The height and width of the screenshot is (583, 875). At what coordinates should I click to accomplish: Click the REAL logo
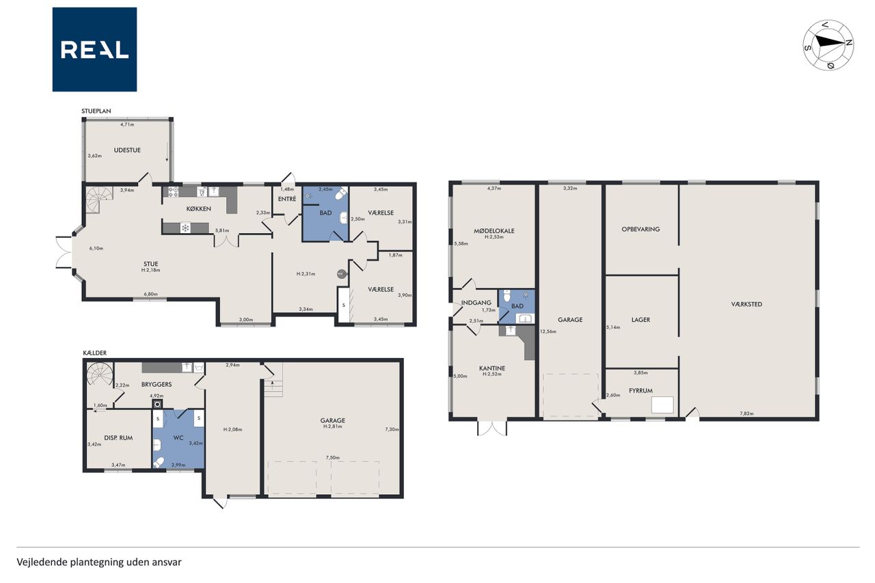point(94,50)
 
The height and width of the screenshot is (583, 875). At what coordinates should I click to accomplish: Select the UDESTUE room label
point(127,150)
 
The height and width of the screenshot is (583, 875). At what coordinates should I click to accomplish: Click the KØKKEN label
point(198,209)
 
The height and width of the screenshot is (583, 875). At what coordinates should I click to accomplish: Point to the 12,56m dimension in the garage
point(548,331)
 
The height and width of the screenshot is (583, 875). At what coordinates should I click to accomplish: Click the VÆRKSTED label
point(746,304)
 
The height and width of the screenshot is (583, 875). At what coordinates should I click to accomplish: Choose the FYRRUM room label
point(641,390)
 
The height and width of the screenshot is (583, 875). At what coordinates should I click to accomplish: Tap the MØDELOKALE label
point(494,231)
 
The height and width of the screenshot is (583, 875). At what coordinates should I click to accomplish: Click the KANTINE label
point(492,368)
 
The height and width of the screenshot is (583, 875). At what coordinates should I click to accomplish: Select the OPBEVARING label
point(641,229)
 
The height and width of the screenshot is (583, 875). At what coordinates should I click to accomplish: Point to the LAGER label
point(641,320)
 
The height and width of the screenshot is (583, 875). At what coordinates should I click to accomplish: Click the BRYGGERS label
point(157,384)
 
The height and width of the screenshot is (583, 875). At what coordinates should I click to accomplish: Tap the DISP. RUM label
point(118,437)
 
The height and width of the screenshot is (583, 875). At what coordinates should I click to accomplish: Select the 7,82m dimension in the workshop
point(746,413)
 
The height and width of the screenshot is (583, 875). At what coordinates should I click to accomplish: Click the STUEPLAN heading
point(96,111)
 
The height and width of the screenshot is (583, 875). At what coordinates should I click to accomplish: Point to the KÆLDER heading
point(94,353)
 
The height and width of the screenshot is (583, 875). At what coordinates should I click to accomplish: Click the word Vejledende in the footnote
point(42,562)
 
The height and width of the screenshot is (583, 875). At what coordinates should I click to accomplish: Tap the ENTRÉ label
point(286,199)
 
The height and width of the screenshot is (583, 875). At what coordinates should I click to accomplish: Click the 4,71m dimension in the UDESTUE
point(127,124)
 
